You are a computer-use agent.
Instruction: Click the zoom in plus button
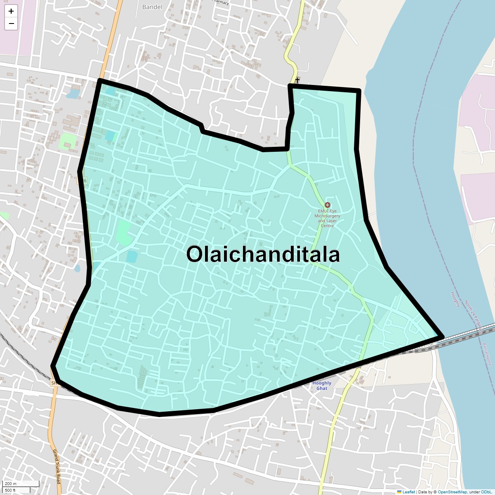tap(11, 11)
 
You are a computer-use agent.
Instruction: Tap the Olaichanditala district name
tap(263, 254)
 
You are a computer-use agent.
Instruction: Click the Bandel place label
tap(152, 7)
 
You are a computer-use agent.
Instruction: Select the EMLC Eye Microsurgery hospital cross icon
tap(328, 205)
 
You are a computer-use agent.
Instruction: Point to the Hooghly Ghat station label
tap(322, 386)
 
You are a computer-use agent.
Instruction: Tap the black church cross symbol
tap(297, 80)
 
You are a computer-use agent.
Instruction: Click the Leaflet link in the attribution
tap(408, 492)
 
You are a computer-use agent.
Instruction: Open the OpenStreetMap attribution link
tap(452, 492)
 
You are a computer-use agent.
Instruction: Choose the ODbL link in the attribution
tap(486, 492)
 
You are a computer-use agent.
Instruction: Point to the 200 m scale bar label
tap(11, 483)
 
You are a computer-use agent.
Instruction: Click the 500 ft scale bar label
tap(10, 490)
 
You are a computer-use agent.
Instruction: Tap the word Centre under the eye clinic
tap(327, 226)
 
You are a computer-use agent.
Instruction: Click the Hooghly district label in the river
tap(455, 299)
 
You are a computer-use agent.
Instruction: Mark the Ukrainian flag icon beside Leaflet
tap(399, 492)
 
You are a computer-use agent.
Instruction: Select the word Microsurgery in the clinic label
tap(328, 216)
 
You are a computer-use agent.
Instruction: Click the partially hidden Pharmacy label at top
tap(221, 2)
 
